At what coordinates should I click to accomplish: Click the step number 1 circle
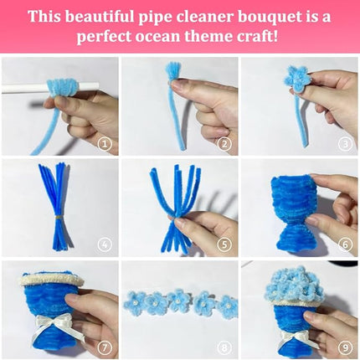click(x=105, y=143)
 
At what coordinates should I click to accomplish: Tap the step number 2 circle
click(x=224, y=143)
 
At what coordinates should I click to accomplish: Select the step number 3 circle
click(x=344, y=143)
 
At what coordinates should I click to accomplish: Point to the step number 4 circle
click(x=105, y=245)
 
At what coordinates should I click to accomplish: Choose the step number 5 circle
click(x=224, y=245)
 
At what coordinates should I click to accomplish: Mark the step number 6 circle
click(x=344, y=245)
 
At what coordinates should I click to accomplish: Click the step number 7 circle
click(x=105, y=347)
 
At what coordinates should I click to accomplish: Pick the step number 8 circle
click(x=224, y=347)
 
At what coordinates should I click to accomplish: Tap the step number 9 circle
click(x=344, y=347)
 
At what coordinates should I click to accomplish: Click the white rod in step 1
click(x=21, y=86)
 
